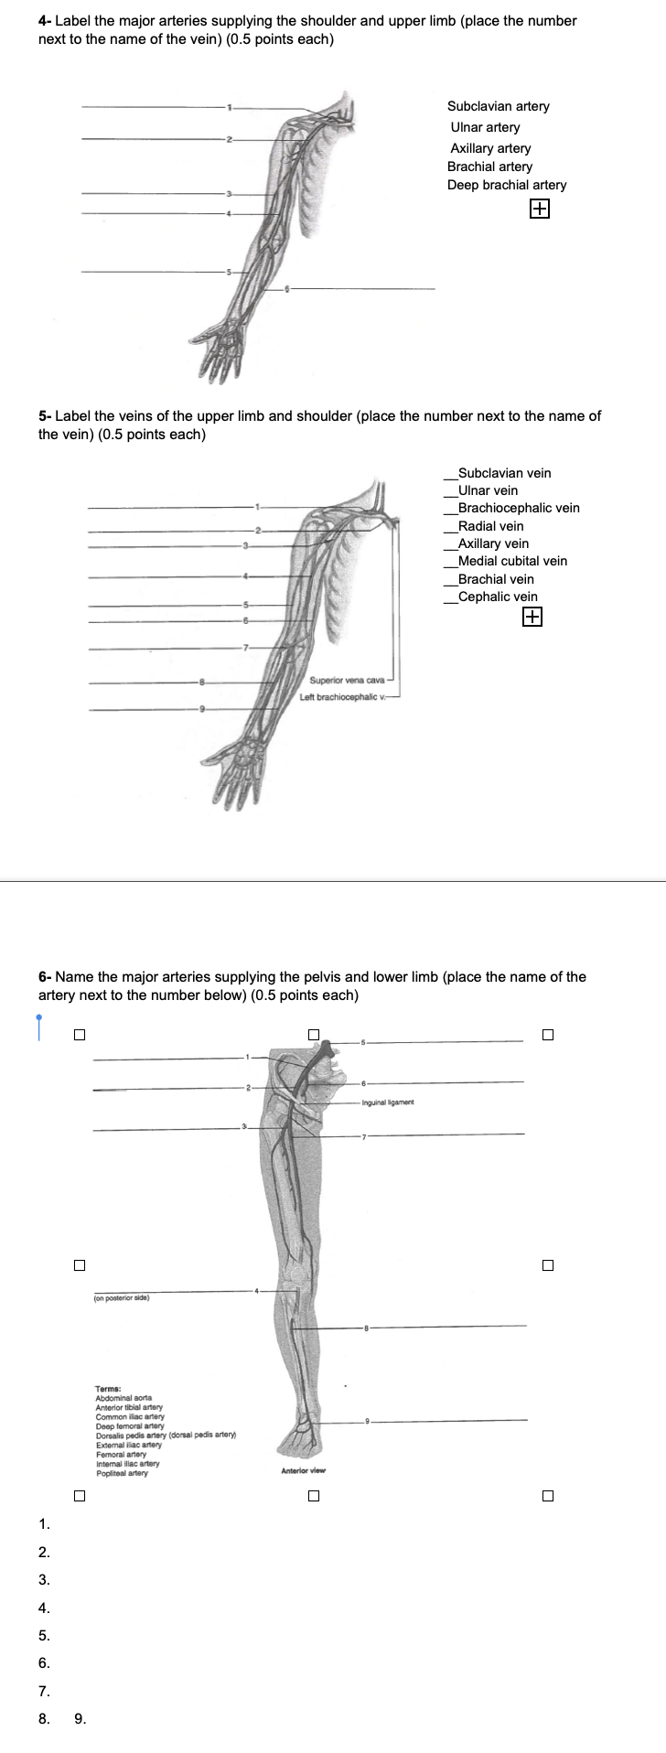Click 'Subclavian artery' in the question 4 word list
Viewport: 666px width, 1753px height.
pyautogui.click(x=498, y=106)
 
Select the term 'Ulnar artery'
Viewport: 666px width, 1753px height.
pyautogui.click(x=485, y=127)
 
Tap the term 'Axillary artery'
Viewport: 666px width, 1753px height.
pyautogui.click(x=490, y=148)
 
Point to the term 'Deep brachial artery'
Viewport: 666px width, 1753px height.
pyautogui.click(x=507, y=185)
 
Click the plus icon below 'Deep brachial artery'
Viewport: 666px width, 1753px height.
pyautogui.click(x=540, y=210)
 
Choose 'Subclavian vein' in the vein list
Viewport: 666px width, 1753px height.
pyautogui.click(x=504, y=473)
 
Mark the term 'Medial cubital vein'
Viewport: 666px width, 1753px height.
pyautogui.click(x=512, y=561)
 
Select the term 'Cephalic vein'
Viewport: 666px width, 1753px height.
pyautogui.click(x=498, y=597)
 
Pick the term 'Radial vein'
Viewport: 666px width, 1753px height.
pyautogui.click(x=490, y=526)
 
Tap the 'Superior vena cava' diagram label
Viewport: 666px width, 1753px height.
pyautogui.click(x=347, y=680)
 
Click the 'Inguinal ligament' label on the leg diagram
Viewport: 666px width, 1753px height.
pyautogui.click(x=388, y=1102)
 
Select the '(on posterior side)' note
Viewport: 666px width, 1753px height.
pyautogui.click(x=122, y=1297)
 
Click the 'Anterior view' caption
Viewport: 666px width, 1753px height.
pyautogui.click(x=304, y=1470)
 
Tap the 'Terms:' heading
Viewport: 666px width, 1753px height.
pyautogui.click(x=108, y=1389)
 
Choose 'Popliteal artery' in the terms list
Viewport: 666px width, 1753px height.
pyautogui.click(x=122, y=1473)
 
